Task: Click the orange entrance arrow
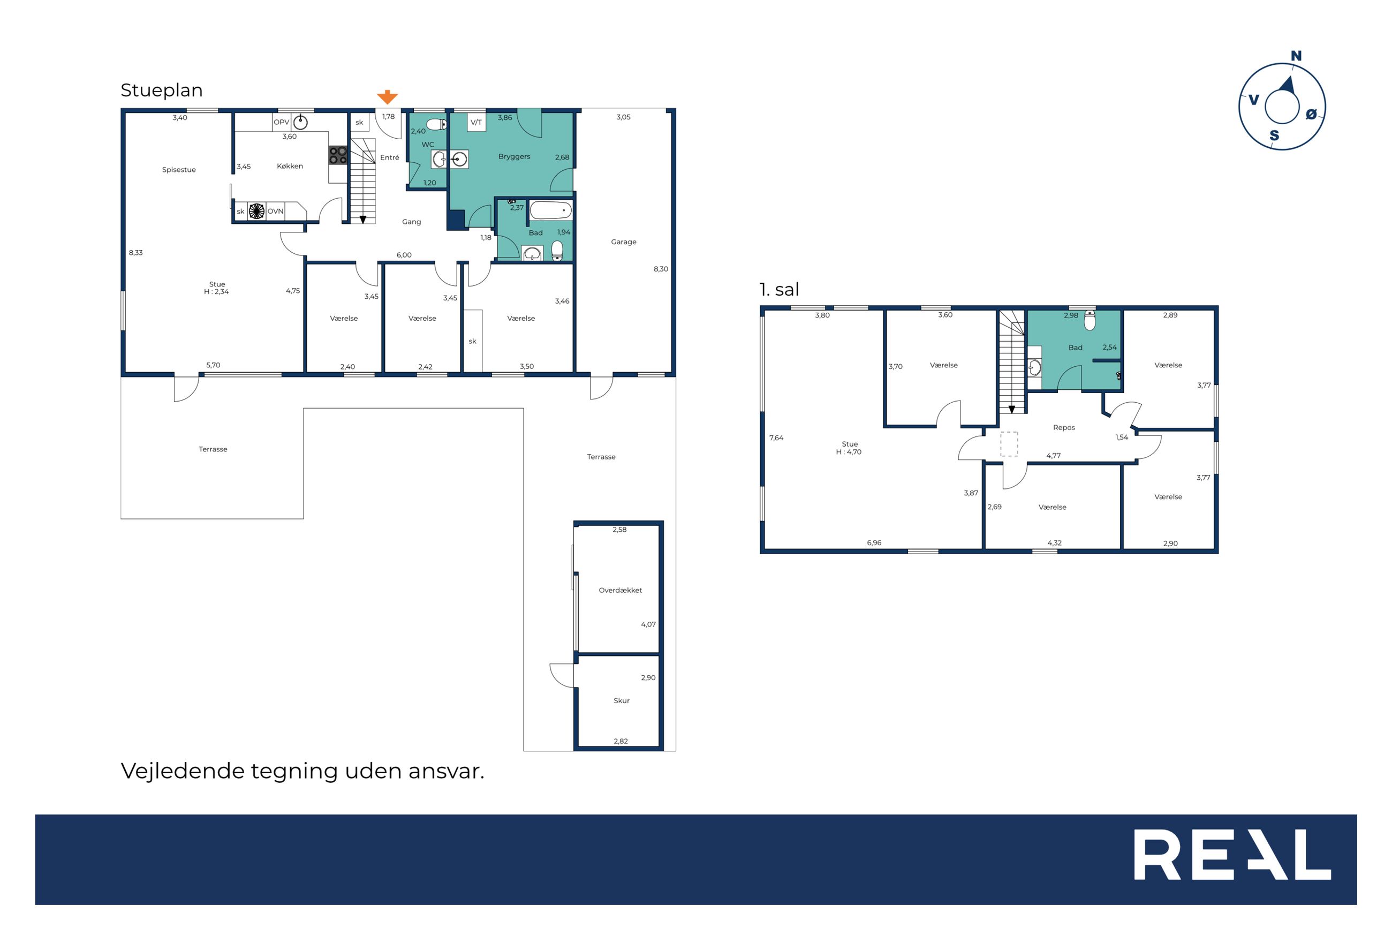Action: pos(387,97)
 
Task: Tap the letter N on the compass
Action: pos(1296,56)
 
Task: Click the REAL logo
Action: pos(1232,855)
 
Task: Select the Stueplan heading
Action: pos(162,90)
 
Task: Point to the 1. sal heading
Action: pos(778,289)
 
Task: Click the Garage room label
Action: pos(624,242)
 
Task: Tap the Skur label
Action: pos(621,700)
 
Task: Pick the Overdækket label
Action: pos(620,590)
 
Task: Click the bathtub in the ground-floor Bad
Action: pos(550,210)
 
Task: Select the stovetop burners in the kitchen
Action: pos(338,156)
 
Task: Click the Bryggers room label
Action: pos(514,157)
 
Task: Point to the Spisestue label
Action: pos(179,170)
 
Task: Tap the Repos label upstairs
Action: pos(1064,427)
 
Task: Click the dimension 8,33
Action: pos(135,253)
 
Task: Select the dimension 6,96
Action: pos(874,542)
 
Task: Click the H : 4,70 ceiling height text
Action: pos(849,451)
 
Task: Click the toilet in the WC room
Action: pos(436,124)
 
